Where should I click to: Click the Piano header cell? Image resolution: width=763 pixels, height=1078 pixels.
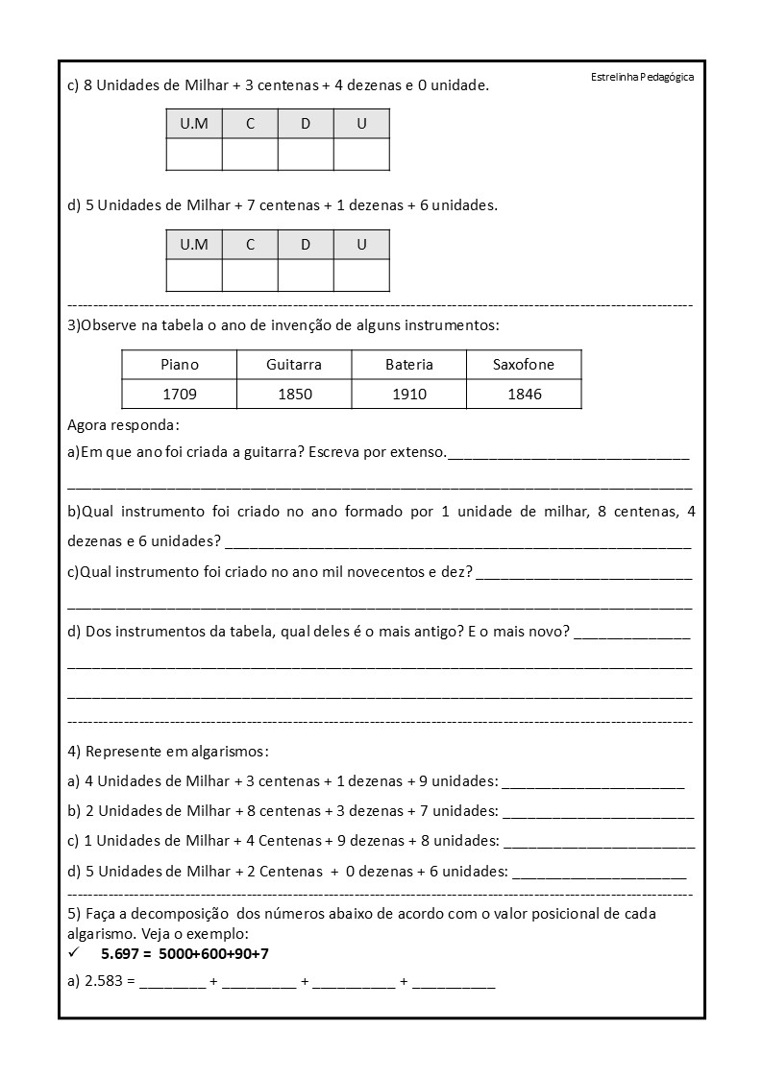(180, 365)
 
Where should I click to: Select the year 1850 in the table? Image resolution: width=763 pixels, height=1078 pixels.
(294, 394)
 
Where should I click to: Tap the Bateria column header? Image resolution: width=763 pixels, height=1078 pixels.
(409, 365)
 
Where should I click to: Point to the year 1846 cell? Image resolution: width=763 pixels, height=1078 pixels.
(524, 394)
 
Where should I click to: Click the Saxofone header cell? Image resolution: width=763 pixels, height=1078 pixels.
(524, 365)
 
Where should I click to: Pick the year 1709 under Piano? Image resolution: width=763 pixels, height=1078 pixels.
(180, 394)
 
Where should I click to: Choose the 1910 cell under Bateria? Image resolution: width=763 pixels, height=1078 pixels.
(409, 394)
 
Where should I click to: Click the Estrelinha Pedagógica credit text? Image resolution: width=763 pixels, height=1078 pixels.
(642, 78)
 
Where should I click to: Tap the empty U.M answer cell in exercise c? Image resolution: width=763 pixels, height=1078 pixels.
(194, 155)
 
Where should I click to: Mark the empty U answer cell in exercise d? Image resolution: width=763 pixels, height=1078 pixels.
(361, 275)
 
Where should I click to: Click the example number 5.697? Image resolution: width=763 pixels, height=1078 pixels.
(120, 954)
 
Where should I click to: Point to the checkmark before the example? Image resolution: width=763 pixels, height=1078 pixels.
(74, 953)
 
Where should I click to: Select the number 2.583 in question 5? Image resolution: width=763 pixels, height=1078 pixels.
(105, 983)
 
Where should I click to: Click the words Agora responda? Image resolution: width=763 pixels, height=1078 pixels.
(123, 425)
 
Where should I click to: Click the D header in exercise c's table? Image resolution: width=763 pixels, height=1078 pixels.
(306, 124)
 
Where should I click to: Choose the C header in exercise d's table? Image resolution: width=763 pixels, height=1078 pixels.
(250, 244)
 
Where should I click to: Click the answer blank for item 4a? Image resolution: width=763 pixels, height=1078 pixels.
(593, 784)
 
